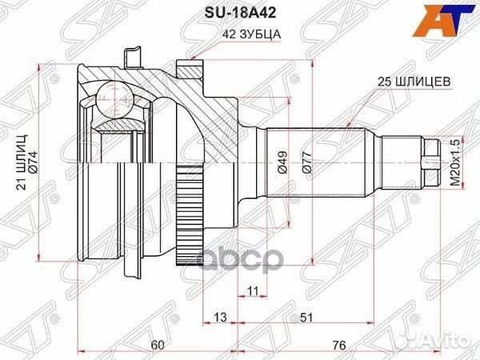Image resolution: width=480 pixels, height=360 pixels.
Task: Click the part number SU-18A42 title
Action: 240,13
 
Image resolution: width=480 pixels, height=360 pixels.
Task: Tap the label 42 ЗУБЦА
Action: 252,34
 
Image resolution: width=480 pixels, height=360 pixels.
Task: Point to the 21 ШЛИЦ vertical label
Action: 22,162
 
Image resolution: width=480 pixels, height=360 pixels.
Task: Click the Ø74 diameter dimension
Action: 34,162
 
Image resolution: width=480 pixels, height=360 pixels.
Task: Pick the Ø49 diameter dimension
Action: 282,162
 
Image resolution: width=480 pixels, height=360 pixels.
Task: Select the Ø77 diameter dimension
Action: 307,162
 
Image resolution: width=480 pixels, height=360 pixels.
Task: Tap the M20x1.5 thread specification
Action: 455,162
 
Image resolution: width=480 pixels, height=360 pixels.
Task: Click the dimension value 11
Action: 253,290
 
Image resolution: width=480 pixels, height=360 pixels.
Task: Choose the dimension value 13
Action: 220,317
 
